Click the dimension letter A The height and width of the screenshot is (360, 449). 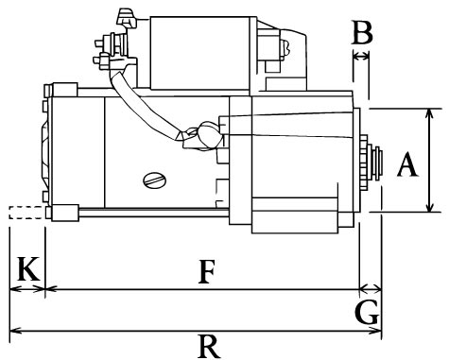[407, 164]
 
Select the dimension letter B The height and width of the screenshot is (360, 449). [362, 32]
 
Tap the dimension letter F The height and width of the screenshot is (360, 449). [207, 271]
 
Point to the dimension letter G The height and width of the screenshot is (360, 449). [367, 312]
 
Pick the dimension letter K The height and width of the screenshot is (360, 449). [28, 268]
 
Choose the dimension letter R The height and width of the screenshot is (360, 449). [209, 346]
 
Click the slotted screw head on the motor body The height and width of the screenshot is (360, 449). [155, 180]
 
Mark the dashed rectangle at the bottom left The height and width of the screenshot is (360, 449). [26, 213]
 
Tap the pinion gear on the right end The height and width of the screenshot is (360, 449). [365, 163]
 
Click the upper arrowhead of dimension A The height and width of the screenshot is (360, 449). [429, 113]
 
